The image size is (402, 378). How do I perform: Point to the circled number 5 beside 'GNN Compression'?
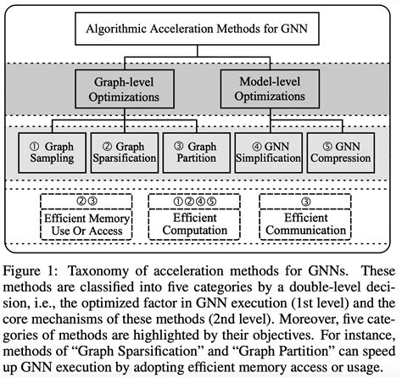tap(317, 145)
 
